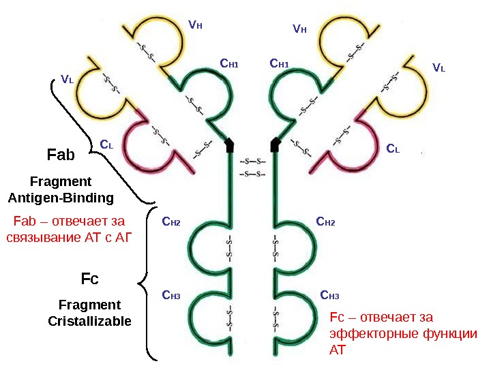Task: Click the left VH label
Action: click(x=196, y=26)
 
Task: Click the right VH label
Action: click(x=299, y=29)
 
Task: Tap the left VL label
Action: click(x=67, y=79)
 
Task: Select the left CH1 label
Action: click(x=228, y=64)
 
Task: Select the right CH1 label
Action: click(x=280, y=64)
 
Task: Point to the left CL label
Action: click(x=106, y=144)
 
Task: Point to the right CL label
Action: click(x=393, y=148)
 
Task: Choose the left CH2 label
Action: click(x=170, y=221)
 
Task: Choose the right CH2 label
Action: click(x=326, y=221)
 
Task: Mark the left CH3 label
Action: click(x=170, y=295)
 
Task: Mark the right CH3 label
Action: click(x=329, y=295)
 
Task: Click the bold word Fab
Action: click(x=61, y=155)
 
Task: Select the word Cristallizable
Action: click(x=89, y=320)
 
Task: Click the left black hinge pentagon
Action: click(x=230, y=144)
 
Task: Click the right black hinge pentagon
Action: click(x=276, y=144)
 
